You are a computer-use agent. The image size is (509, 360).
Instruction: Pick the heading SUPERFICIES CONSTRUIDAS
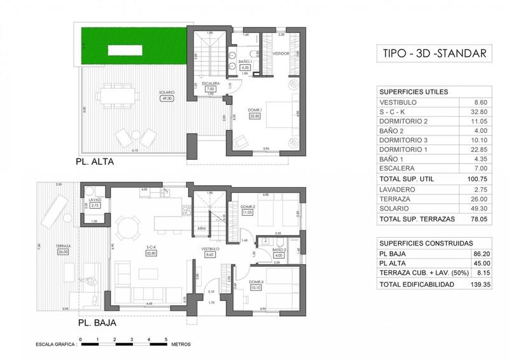pos(426,243)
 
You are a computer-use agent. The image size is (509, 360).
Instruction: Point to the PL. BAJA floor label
pos(97,322)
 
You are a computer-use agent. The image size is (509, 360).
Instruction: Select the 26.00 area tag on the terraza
pos(63,251)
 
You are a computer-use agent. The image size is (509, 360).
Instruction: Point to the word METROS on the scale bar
pos(181,343)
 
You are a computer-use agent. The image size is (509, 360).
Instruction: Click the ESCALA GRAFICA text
pos(55,343)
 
